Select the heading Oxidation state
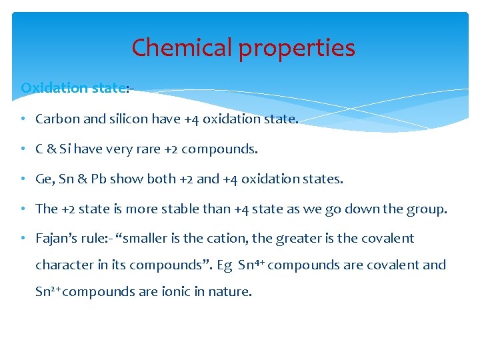coord(72,88)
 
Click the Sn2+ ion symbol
coord(47,291)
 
